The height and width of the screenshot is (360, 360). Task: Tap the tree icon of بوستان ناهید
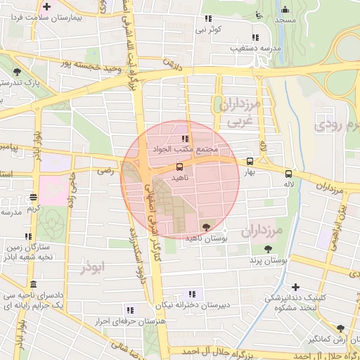click(x=205, y=226)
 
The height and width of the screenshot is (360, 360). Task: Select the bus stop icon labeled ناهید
click(x=179, y=167)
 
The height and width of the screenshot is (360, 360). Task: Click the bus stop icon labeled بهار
click(x=250, y=161)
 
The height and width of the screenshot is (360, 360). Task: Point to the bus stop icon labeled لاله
click(x=288, y=174)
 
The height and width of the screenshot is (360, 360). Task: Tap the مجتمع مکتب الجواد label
click(x=185, y=150)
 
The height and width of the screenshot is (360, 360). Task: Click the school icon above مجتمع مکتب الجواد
click(x=185, y=139)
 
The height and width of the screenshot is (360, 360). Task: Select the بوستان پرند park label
click(x=268, y=261)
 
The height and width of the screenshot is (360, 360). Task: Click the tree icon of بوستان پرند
click(x=268, y=248)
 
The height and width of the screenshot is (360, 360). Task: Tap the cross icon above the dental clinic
click(x=295, y=287)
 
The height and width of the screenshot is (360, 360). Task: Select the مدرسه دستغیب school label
click(x=254, y=49)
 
